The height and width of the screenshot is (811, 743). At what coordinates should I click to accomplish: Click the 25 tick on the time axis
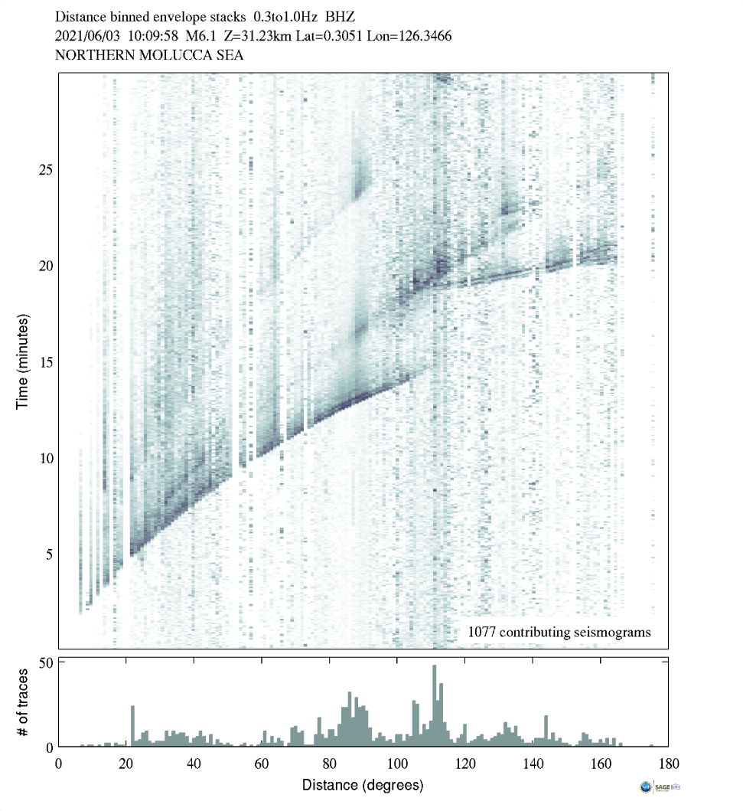(x=45, y=169)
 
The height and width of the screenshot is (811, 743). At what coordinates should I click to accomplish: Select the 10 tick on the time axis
(x=45, y=458)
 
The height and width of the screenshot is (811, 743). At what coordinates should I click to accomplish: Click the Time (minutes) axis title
(x=22, y=360)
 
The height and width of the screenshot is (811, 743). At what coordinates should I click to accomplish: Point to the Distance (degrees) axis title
(x=363, y=785)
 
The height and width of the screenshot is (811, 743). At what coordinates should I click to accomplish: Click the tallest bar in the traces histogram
(x=435, y=705)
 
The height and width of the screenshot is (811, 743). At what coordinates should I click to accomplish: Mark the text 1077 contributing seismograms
(x=559, y=633)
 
